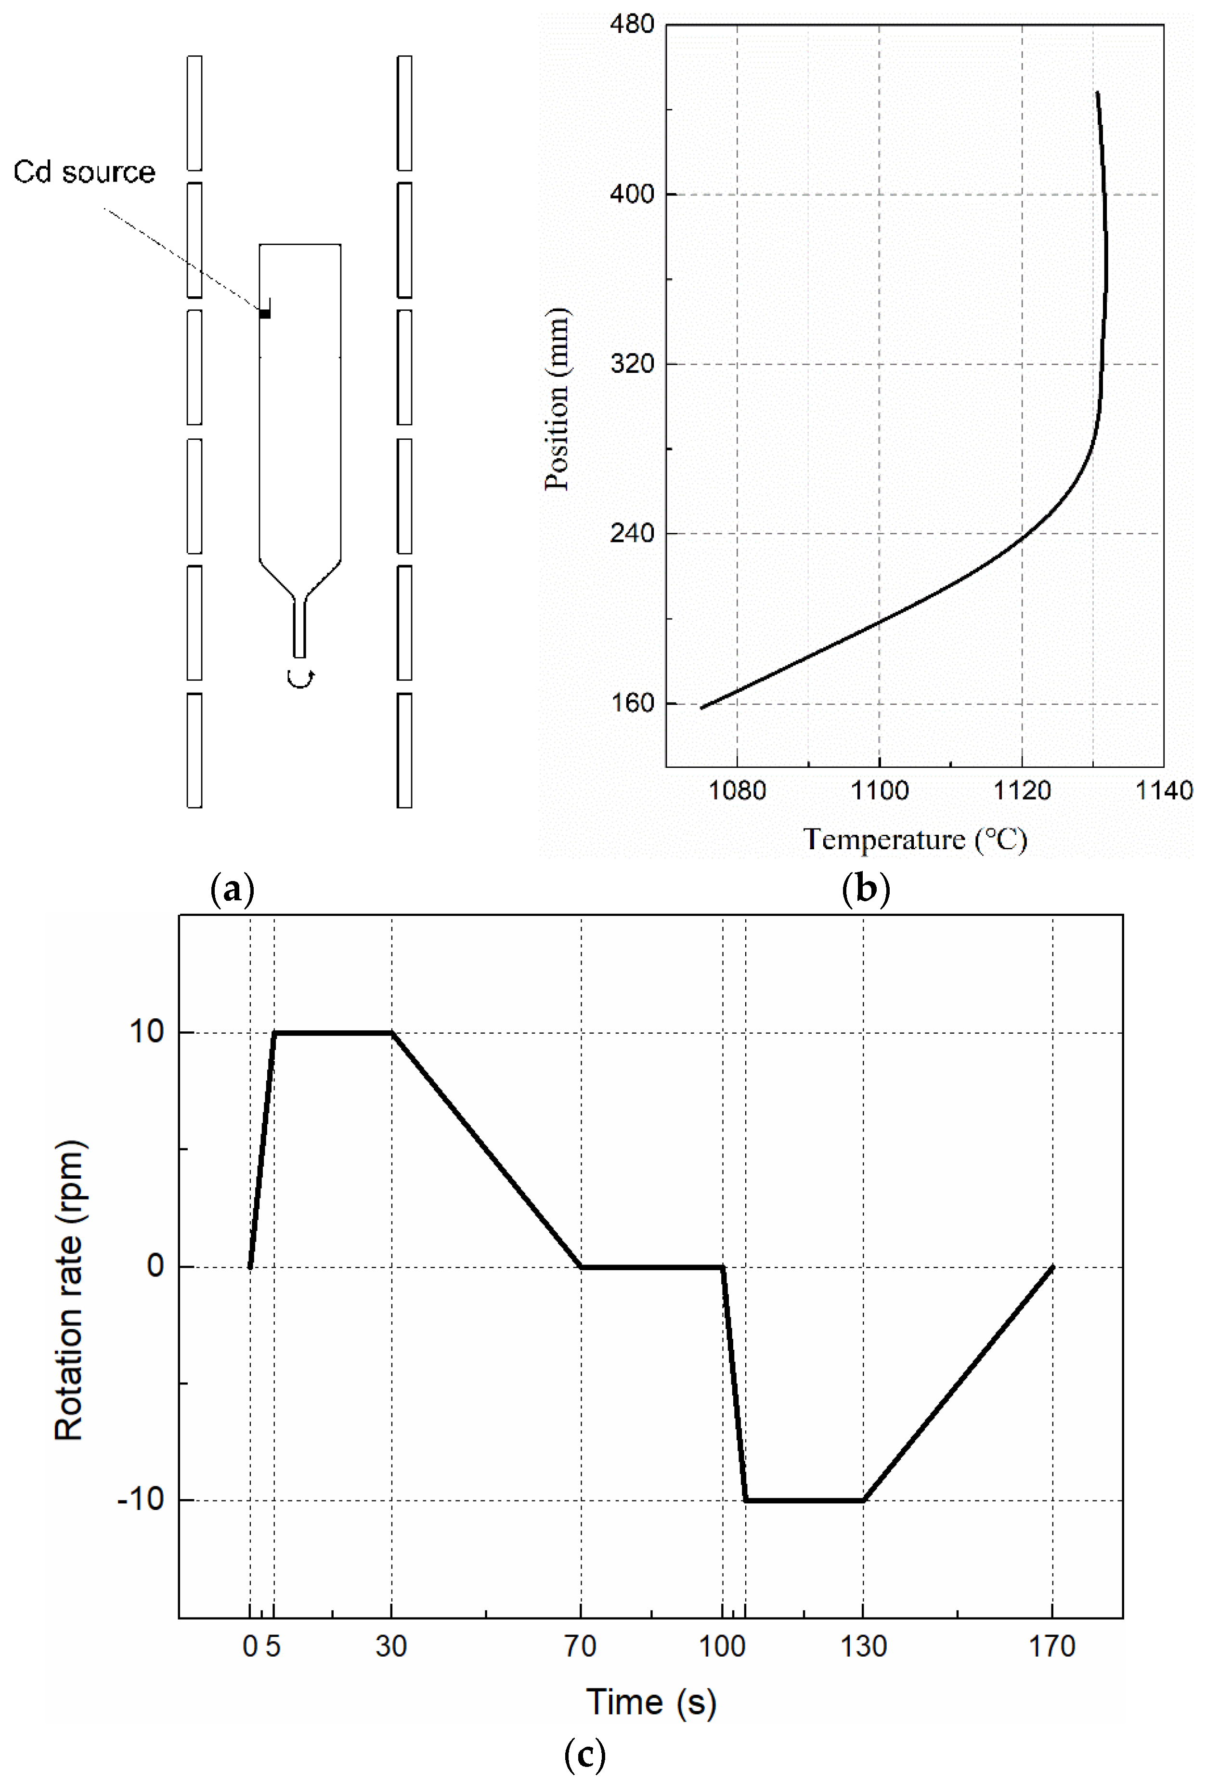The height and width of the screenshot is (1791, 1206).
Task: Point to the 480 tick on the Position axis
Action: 632,24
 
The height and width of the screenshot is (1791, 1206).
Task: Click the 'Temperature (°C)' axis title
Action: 915,839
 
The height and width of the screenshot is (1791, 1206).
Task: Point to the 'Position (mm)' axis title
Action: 557,398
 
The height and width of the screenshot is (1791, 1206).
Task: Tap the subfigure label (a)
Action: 232,889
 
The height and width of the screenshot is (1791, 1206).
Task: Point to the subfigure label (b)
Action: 867,889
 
